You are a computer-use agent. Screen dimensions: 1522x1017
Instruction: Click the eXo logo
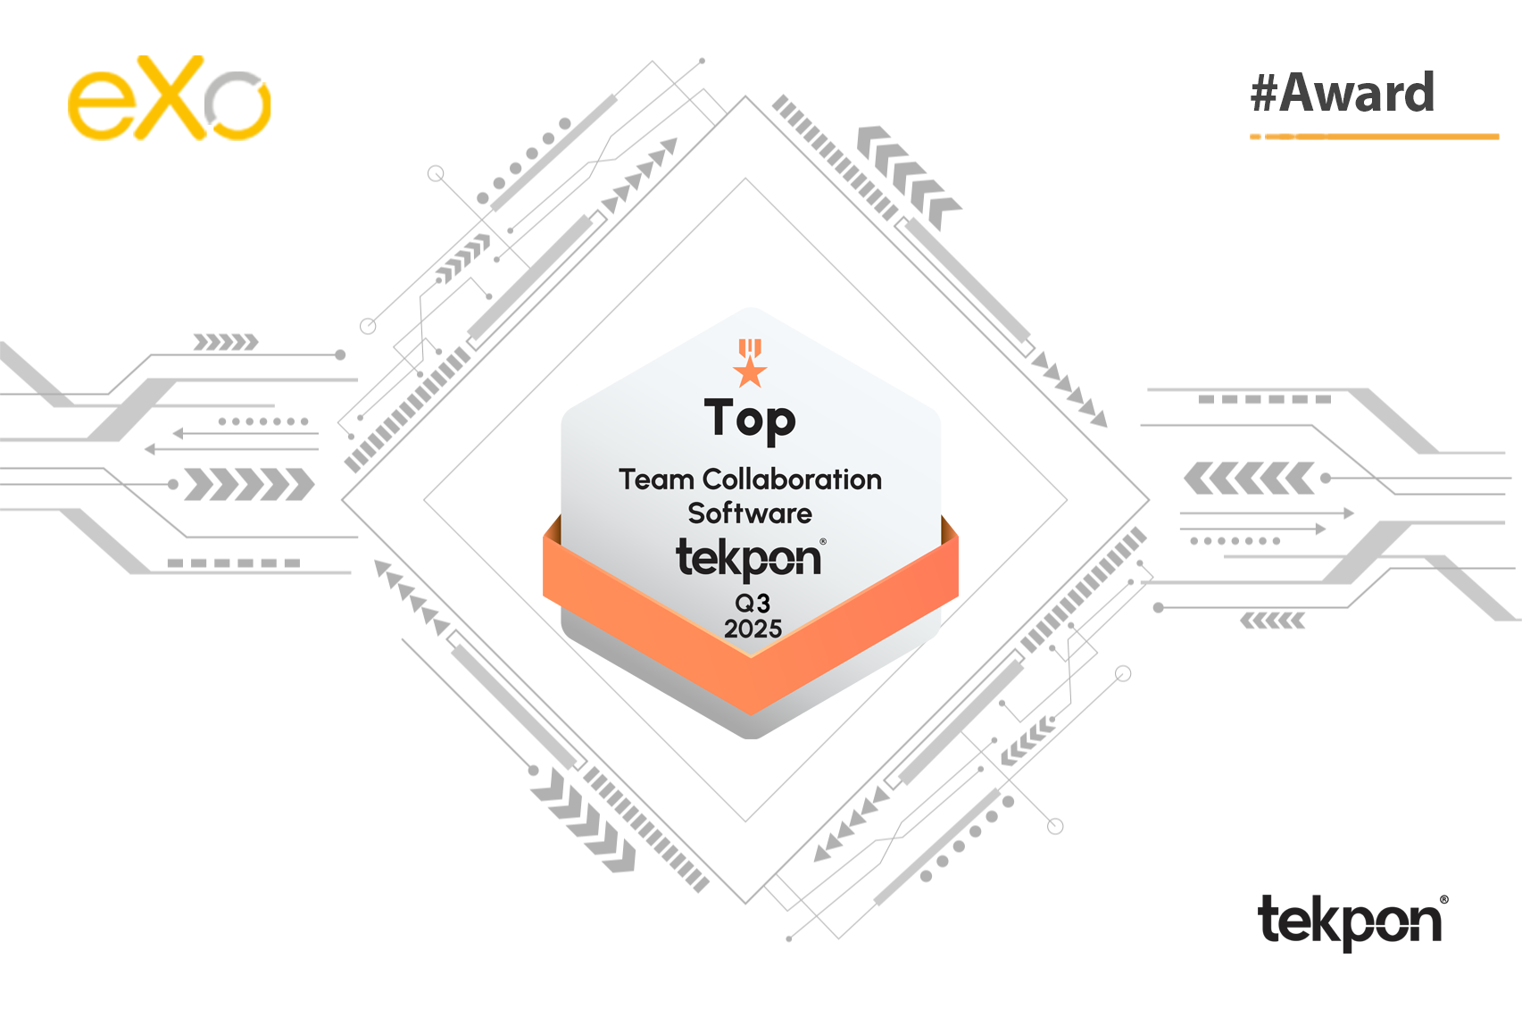click(170, 98)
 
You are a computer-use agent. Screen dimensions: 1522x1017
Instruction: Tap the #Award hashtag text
click(1343, 93)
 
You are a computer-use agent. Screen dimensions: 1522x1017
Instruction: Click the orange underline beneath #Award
click(1374, 137)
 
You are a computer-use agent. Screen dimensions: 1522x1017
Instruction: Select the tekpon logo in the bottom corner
click(1352, 921)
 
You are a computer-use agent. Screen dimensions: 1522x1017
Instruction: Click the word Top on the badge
click(750, 421)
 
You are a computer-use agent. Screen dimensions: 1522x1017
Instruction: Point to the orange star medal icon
click(750, 363)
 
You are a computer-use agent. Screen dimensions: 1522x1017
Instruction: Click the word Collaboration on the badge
click(793, 479)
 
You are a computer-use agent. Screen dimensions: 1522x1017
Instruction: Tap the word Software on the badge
click(750, 513)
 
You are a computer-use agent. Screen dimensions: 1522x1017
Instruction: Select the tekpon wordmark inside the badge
click(750, 560)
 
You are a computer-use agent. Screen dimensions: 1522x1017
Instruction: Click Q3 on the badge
click(753, 603)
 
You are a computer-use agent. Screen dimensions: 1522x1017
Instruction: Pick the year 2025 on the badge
click(753, 629)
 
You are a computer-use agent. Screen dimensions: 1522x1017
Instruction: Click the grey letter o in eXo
click(237, 105)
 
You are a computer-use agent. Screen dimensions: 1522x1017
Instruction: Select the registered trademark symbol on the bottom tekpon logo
click(1443, 899)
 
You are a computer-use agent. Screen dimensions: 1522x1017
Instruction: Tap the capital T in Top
click(719, 416)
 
